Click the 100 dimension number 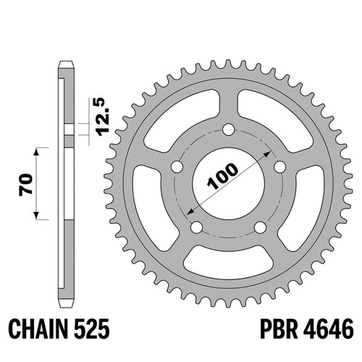click(222, 176)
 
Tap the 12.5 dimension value click(102, 117)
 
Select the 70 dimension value click(26, 184)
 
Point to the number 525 click(91, 329)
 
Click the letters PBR click(279, 329)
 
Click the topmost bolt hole click(228, 130)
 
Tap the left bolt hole click(177, 167)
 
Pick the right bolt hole click(280, 167)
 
